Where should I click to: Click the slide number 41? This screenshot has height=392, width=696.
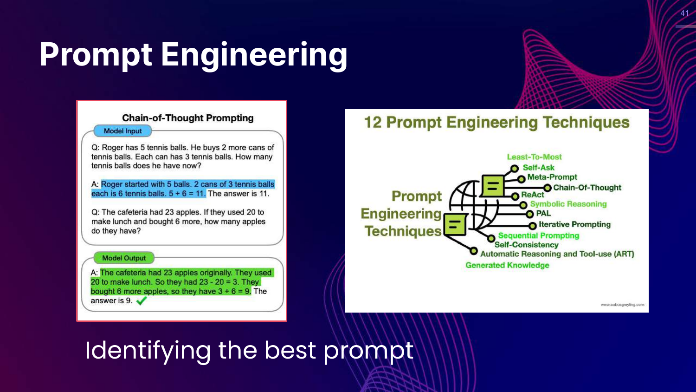(x=684, y=13)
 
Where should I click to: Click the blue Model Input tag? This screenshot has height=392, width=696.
(x=123, y=131)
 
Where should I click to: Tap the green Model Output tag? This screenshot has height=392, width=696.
(x=124, y=258)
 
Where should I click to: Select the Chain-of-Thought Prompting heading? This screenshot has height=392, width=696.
(x=187, y=118)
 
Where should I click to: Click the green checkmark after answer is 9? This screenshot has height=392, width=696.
(x=142, y=301)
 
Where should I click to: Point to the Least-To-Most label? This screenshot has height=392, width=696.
(x=534, y=157)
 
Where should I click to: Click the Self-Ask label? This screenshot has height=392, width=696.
(x=538, y=167)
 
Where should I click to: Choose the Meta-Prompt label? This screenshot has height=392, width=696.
(x=552, y=177)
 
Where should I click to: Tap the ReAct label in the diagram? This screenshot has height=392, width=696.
(x=533, y=195)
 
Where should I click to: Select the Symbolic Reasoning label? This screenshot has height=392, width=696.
(x=568, y=204)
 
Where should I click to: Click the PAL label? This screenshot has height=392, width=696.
(x=543, y=214)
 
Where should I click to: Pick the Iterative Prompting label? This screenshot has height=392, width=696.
(x=574, y=224)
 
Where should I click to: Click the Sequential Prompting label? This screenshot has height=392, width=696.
(x=539, y=235)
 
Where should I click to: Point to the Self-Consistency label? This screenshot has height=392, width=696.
(x=526, y=245)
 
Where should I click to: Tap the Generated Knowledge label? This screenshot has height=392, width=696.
(x=507, y=265)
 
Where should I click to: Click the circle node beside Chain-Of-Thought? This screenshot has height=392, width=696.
(x=548, y=188)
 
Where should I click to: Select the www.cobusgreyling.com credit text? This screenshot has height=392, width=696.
(x=622, y=305)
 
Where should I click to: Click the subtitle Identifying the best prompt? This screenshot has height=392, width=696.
(x=249, y=351)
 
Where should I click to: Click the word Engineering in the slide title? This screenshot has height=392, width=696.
(x=254, y=55)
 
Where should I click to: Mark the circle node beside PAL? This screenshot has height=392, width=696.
(x=530, y=215)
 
